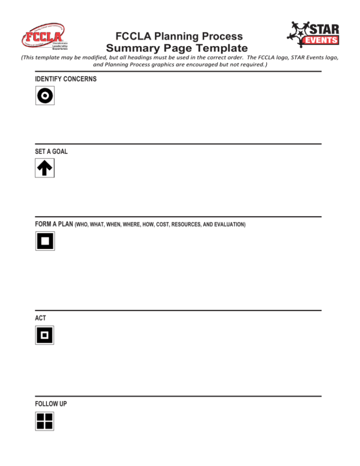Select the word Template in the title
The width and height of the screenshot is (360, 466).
tap(219, 48)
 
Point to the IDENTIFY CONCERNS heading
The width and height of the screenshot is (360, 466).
tap(66, 79)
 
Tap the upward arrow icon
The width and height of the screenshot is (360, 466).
tap(45, 168)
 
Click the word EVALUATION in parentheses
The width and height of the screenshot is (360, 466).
tap(228, 225)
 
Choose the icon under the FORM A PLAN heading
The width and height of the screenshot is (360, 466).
tap(45, 241)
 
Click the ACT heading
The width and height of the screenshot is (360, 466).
tap(40, 318)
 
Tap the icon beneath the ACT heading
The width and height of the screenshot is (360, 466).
tap(45, 335)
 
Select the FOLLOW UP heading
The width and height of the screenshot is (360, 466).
tap(51, 403)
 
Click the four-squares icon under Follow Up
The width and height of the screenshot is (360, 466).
tap(45, 421)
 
